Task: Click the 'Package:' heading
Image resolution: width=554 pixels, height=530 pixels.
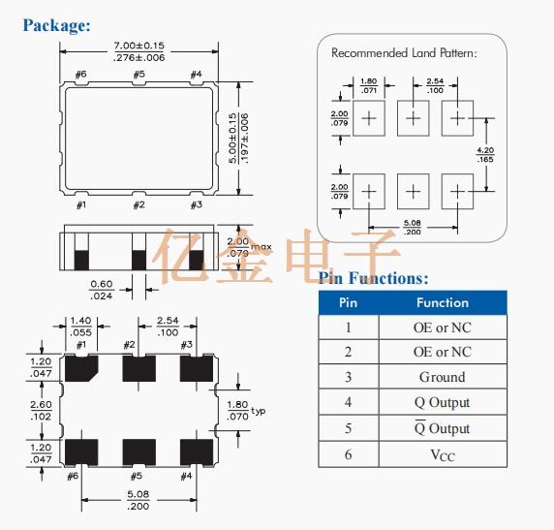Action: point(57,25)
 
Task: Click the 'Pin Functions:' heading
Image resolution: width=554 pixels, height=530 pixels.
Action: point(374,278)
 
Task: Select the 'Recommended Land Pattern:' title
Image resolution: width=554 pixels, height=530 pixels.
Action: point(404,52)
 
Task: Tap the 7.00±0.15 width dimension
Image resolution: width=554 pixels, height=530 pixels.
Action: point(138,46)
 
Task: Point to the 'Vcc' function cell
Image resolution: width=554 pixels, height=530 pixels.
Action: point(442,453)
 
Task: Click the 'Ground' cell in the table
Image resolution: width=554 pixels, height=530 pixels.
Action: point(442,377)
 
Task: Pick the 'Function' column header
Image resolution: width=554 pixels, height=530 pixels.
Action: point(442,302)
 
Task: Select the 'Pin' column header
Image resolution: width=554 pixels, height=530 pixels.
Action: point(348,302)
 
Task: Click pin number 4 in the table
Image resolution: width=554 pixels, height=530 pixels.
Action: point(348,402)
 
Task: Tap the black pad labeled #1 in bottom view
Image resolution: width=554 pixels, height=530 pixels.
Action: point(79,369)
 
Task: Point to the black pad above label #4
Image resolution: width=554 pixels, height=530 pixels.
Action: point(198,451)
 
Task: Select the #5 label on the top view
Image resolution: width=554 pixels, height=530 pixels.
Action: point(138,75)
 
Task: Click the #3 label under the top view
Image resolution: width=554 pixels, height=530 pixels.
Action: point(196,204)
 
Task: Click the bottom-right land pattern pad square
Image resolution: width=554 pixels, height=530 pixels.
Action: point(456,190)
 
